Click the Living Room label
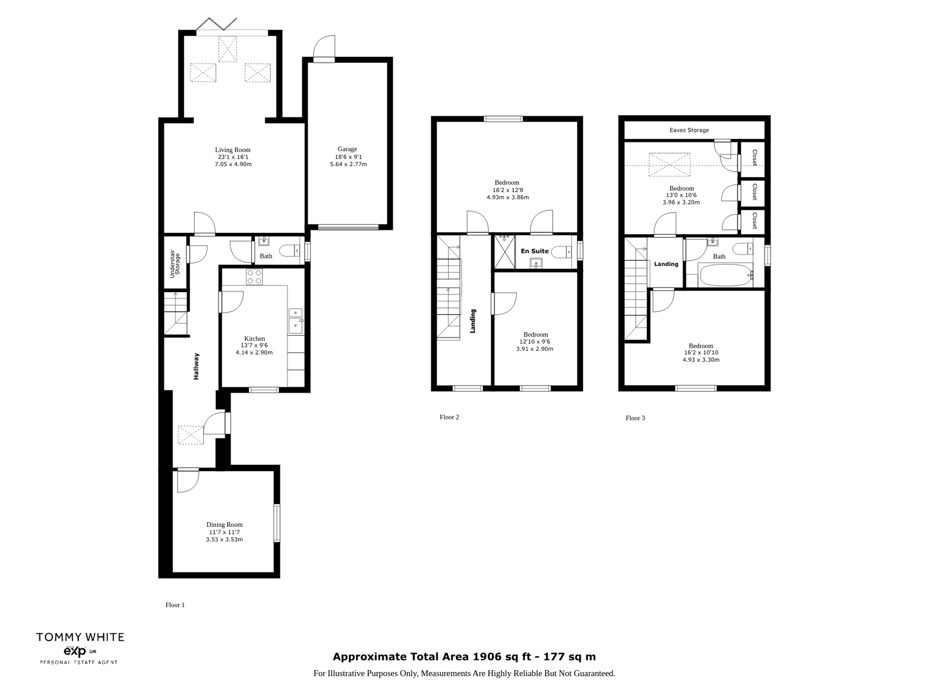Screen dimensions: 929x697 point(232,150)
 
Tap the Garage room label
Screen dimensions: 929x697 point(347,149)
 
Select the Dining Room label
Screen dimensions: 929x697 point(224,524)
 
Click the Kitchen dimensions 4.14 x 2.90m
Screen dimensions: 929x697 point(254,353)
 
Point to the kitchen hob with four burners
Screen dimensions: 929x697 point(254,277)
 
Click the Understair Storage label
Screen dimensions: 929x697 point(175,264)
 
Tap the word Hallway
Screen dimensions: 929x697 point(196,366)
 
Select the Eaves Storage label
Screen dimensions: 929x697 point(689,130)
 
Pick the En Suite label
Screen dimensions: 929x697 point(535,251)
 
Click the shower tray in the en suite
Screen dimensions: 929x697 point(505,252)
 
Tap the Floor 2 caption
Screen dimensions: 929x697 point(449,417)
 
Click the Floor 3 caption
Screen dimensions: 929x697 point(635,418)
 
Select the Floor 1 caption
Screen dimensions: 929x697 point(175,605)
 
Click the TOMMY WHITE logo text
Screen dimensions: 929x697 point(80,637)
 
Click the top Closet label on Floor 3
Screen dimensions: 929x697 point(755,157)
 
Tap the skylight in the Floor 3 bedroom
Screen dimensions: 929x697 point(669,164)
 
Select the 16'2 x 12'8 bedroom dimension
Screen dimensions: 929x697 point(507,190)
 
